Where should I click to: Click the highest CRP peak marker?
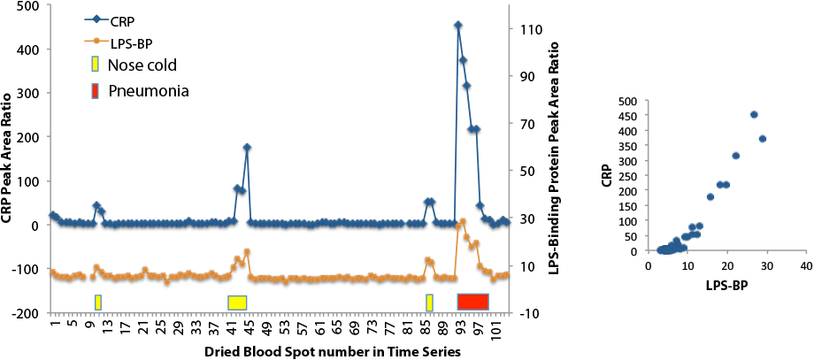[x=457, y=26]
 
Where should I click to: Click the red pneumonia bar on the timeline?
[x=472, y=302]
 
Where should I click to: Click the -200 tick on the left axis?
[x=25, y=313]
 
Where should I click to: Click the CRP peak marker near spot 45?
[x=247, y=148]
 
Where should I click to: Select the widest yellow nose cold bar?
[x=236, y=303]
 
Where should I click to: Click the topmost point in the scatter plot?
[x=754, y=115]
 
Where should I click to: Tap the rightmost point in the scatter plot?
[x=762, y=139]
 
